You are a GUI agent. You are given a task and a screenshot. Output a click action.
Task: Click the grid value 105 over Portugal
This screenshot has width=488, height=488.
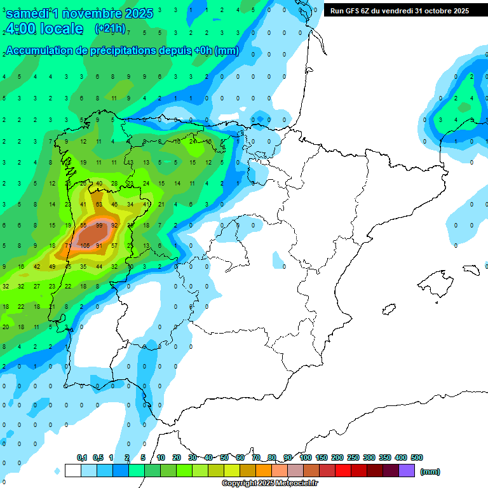pyautogui.click(x=85, y=246)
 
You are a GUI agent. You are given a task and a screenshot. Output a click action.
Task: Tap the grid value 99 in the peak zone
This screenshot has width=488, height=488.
pyautogui.click(x=98, y=225)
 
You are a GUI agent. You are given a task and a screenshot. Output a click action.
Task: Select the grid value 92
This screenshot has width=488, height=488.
pyautogui.click(x=114, y=225)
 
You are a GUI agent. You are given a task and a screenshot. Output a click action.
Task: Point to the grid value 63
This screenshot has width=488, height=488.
pyautogui.click(x=98, y=205)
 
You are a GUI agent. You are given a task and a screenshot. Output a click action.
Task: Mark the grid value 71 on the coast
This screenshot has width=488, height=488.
pyautogui.click(x=68, y=246)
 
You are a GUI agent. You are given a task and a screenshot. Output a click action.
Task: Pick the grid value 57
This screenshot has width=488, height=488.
pyautogui.click(x=114, y=246)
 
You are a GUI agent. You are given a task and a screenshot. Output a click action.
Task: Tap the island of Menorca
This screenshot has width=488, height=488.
pyautogui.click(x=471, y=269)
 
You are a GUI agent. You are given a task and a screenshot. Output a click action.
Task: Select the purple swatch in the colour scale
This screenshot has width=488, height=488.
pyautogui.click(x=407, y=470)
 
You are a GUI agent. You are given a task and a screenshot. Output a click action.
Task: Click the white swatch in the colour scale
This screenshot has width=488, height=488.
pyautogui.click(x=72, y=470)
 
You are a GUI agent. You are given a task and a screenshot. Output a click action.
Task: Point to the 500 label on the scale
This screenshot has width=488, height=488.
pyautogui.click(x=416, y=457)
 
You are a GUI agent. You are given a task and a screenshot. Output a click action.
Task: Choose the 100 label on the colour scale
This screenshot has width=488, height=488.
pyautogui.click(x=305, y=457)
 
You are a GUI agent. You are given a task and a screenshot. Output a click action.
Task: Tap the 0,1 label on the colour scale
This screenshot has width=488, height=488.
pyautogui.click(x=82, y=457)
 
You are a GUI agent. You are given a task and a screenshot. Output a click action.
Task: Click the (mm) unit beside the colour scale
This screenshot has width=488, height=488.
pyautogui.click(x=430, y=471)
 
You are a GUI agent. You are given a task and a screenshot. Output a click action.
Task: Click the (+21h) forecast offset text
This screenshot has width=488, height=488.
pyautogui.click(x=110, y=29)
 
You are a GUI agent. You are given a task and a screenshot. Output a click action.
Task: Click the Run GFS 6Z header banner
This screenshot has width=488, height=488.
pyautogui.click(x=400, y=11)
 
